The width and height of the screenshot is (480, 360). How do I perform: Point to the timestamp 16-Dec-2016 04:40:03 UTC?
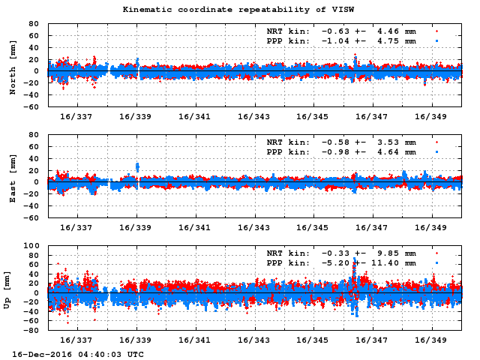(78, 353)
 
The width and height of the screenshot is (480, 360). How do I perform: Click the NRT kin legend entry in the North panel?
(341, 31)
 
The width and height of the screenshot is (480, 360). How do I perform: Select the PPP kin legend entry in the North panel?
(341, 41)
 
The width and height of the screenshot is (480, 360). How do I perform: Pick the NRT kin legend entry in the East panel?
(341, 142)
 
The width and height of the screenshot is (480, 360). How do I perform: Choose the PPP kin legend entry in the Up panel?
(341, 263)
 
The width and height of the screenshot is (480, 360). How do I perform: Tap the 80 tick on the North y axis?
(33, 23)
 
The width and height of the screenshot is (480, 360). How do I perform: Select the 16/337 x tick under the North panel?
(76, 117)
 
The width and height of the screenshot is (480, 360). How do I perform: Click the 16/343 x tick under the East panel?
(254, 228)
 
